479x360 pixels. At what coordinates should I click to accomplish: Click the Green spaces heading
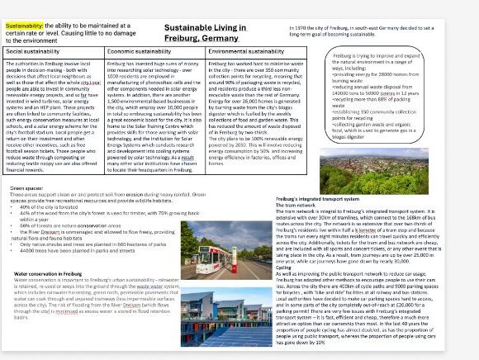(x=26, y=187)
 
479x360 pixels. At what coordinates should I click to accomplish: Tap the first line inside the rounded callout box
(x=375, y=56)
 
